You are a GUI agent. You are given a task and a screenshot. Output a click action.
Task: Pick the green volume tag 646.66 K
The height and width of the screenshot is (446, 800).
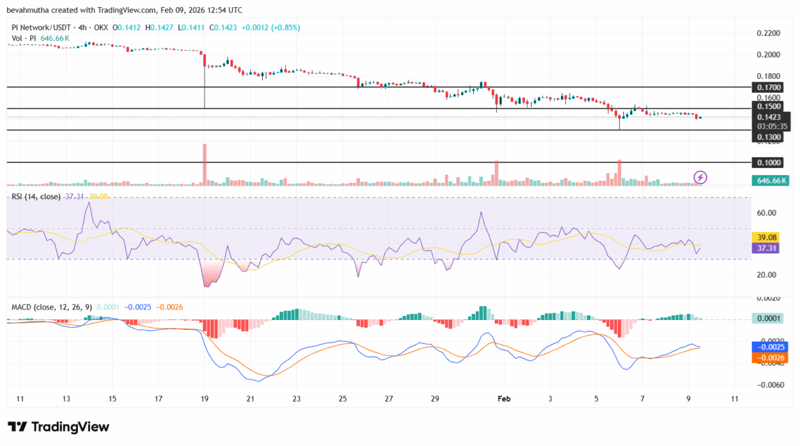[x=771, y=180]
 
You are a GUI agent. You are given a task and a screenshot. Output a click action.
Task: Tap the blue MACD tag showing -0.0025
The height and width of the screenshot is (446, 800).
[x=771, y=347]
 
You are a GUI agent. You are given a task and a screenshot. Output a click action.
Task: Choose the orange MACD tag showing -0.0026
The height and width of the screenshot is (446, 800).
[x=771, y=358]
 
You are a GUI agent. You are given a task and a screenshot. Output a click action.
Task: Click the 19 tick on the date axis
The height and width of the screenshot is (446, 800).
[x=205, y=398]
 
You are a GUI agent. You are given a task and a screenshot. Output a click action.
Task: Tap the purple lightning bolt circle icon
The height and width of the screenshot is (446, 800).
[x=700, y=176]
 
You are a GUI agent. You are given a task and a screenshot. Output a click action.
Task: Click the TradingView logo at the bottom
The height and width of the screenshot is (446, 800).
[x=59, y=427]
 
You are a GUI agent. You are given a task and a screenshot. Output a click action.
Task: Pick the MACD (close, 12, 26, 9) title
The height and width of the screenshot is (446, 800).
[x=50, y=306]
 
